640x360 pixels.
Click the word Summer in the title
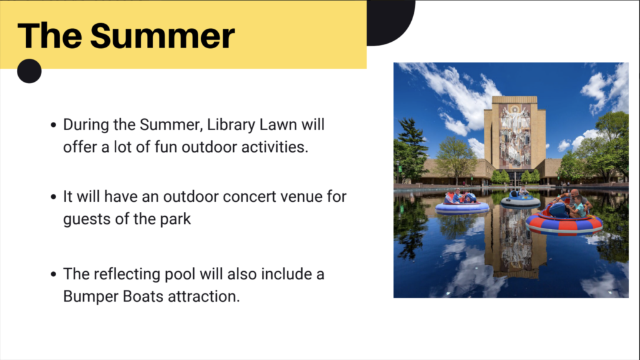[162, 36]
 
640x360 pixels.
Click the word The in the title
[49, 36]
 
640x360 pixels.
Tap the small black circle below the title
[29, 71]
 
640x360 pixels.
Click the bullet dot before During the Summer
[54, 125]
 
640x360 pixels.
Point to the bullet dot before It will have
[54, 197]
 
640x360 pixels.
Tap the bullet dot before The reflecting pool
[54, 274]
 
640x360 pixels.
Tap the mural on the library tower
[515, 136]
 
